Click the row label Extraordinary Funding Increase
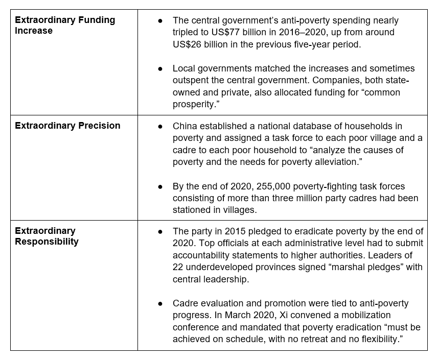pos(65,26)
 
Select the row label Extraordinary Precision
pos(67,126)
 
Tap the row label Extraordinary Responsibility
pos(47,236)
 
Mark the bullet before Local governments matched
pos(160,68)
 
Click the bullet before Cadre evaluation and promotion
pos(160,303)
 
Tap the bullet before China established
pos(160,126)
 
